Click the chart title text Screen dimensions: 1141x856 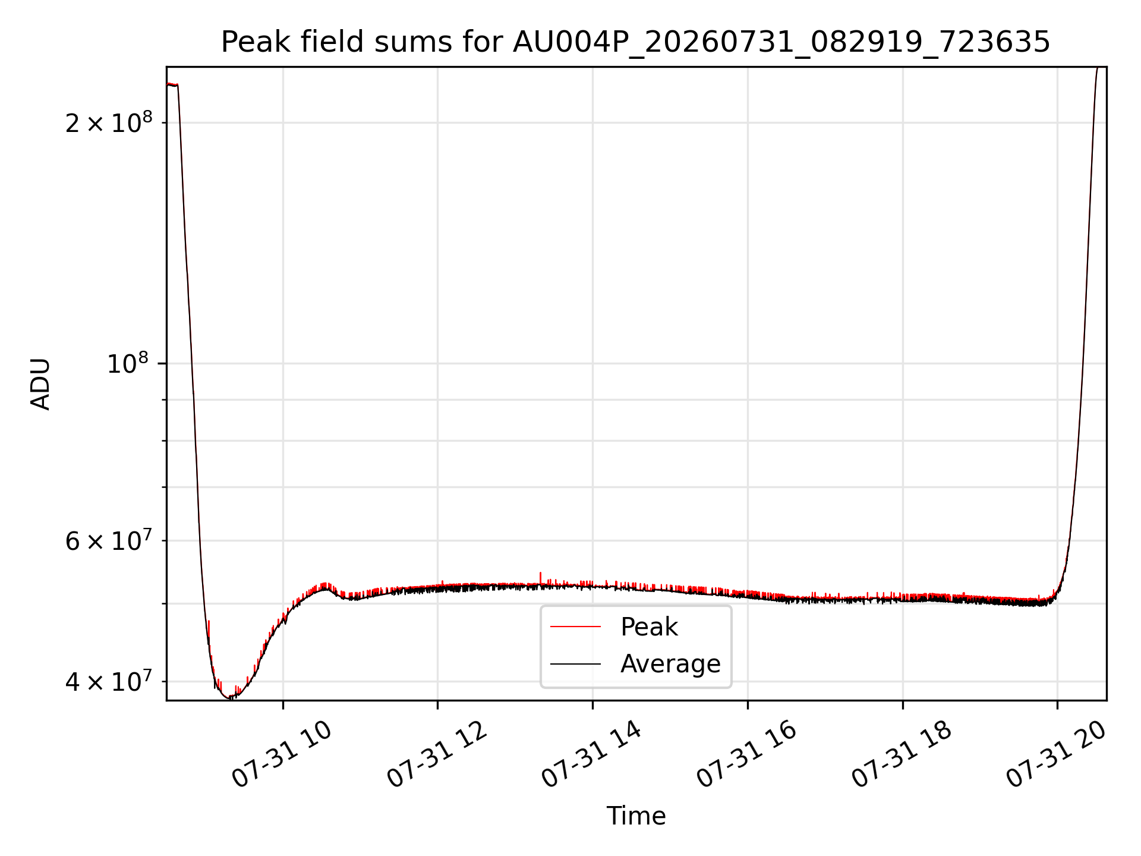tap(635, 42)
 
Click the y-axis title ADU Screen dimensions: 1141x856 tap(40, 384)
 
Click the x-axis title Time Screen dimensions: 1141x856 tap(636, 816)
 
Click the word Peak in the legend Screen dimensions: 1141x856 tap(649, 627)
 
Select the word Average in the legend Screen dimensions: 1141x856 tap(670, 664)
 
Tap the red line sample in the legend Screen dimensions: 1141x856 tap(575, 627)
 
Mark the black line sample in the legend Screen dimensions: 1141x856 tap(575, 663)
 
